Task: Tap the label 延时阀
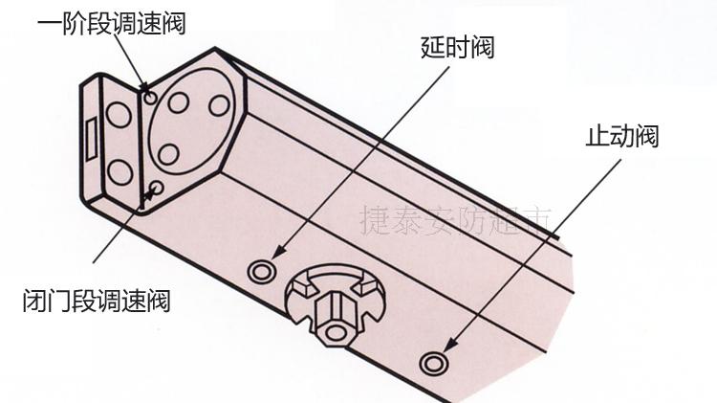[457, 46]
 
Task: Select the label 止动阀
[621, 135]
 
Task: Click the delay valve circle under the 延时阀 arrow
[259, 272]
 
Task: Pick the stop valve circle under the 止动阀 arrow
[433, 363]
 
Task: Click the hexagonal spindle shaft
[331, 311]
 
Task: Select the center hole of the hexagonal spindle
[336, 331]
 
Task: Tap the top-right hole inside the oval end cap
[219, 104]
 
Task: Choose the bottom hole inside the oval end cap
[168, 154]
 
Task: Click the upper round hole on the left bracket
[119, 116]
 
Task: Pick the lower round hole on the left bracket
[119, 172]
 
